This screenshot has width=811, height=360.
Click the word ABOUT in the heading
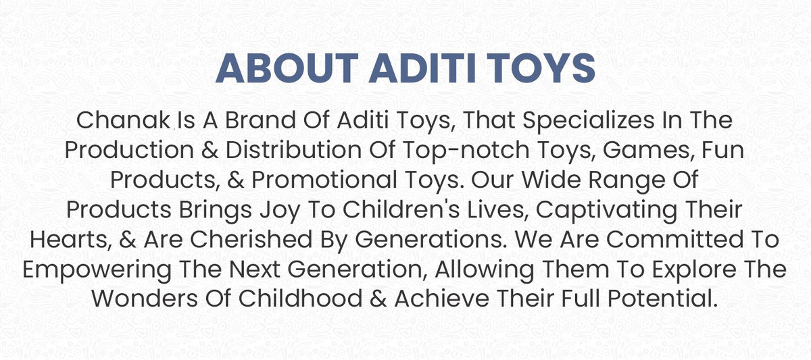pos(287,68)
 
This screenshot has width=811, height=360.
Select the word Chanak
pos(123,120)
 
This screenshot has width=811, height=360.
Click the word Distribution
pos(293,150)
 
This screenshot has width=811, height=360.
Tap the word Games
pos(648,151)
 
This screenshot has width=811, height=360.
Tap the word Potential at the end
pos(663,299)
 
